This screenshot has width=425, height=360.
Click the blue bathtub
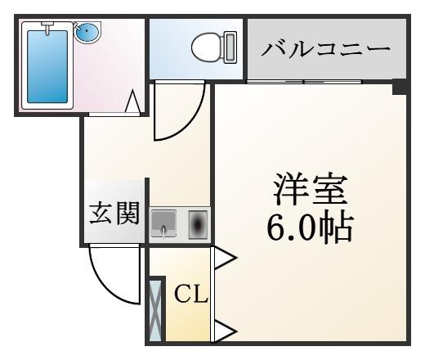coord(47,66)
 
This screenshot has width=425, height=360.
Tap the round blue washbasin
coord(87,31)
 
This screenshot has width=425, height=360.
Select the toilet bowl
coord(207,47)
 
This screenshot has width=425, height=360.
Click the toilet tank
coord(230,47)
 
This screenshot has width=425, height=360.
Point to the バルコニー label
coord(326,49)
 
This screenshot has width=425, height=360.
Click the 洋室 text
coord(311,189)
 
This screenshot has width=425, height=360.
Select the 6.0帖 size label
coord(310,227)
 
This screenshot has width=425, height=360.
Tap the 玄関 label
coord(114,214)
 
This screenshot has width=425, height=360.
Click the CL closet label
coord(191,294)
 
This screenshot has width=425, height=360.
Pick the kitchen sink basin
coord(163,223)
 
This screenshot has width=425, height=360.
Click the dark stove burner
coord(198,224)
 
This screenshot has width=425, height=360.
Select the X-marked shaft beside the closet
coord(155,310)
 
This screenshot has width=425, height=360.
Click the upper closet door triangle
coord(224,258)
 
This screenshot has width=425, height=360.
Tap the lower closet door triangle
coord(224,331)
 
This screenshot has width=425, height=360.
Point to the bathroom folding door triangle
coord(132,101)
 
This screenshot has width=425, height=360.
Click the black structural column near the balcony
coord(400,87)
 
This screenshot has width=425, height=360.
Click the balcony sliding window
coord(304,82)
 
